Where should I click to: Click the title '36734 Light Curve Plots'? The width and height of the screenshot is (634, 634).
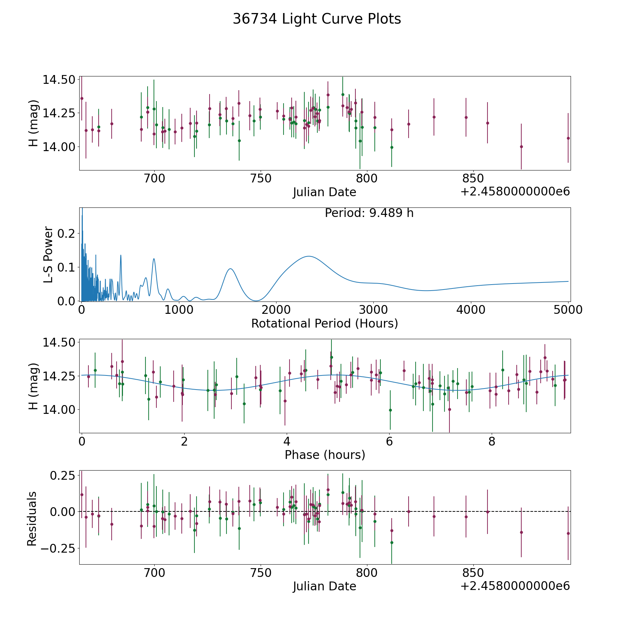tap(317, 19)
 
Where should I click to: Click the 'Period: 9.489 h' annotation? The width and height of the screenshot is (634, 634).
tap(369, 213)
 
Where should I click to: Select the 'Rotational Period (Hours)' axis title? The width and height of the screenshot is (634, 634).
tap(324, 323)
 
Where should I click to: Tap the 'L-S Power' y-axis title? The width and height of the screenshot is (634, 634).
tap(48, 254)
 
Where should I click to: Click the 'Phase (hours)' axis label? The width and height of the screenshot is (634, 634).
tap(324, 455)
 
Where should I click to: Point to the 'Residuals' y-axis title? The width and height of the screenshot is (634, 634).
tap(32, 519)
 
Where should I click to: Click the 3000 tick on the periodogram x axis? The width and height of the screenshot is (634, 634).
tap(373, 310)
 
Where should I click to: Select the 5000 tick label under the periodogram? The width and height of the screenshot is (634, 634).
tap(568, 310)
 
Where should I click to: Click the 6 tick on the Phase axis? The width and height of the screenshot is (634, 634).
tap(389, 441)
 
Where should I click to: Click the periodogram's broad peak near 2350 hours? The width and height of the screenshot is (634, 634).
tap(309, 256)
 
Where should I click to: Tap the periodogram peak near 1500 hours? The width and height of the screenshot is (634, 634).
tap(230, 269)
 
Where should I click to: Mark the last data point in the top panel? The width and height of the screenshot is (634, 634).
tap(568, 138)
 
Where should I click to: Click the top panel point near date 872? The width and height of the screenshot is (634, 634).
tap(521, 147)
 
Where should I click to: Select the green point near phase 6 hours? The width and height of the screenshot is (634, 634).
tap(390, 410)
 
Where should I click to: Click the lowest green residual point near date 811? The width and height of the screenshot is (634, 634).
tap(392, 542)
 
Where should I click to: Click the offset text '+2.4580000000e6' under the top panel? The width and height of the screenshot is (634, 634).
tap(515, 192)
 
